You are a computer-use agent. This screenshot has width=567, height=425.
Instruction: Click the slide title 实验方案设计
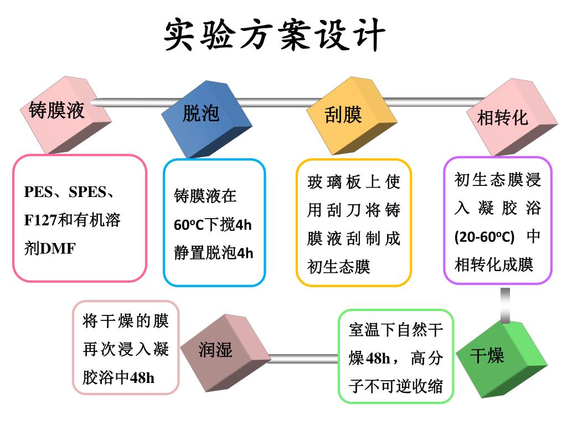point(275,35)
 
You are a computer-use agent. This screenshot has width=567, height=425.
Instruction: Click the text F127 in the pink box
point(40,221)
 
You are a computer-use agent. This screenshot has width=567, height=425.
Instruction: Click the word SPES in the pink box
point(85,193)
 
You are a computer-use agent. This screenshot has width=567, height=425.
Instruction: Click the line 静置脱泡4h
point(213,253)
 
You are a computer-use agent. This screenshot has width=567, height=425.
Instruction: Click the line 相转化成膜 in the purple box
point(494,265)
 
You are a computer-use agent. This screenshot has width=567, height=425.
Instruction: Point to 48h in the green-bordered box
point(378,359)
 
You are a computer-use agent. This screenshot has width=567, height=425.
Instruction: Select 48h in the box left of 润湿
point(142,378)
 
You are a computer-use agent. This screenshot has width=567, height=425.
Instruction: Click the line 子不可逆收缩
point(396,386)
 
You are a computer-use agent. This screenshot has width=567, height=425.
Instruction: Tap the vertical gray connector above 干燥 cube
point(505,305)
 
